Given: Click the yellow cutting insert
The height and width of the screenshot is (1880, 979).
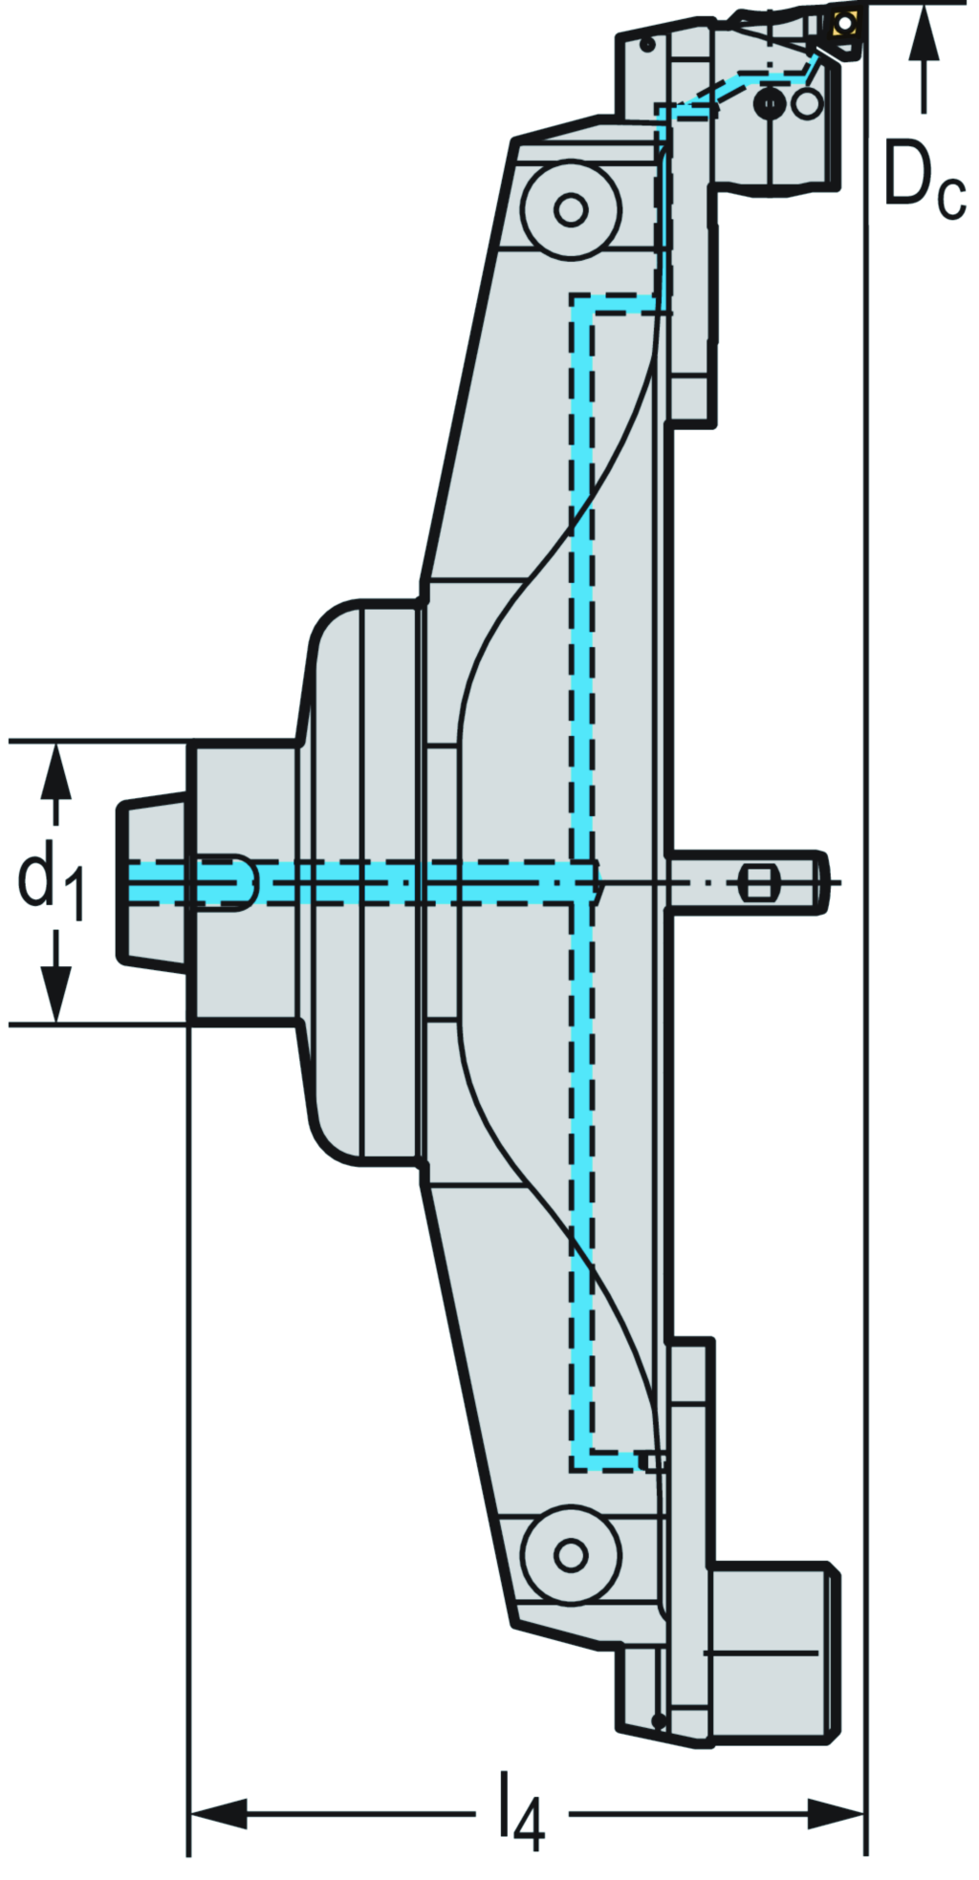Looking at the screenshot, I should pyautogui.click(x=843, y=23).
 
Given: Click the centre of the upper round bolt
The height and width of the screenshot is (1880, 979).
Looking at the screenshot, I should pyautogui.click(x=571, y=209).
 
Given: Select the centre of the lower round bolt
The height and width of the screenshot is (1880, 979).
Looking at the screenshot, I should pyautogui.click(x=571, y=1554).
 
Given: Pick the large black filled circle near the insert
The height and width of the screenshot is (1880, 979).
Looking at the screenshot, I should pyautogui.click(x=770, y=102).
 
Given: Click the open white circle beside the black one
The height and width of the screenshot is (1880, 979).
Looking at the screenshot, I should pyautogui.click(x=807, y=102).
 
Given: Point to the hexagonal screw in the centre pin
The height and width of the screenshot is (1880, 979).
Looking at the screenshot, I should pyautogui.click(x=757, y=881).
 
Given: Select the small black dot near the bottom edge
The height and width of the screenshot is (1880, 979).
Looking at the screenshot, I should pyautogui.click(x=658, y=1720).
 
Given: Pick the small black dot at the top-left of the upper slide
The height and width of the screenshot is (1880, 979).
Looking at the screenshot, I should pyautogui.click(x=647, y=45).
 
